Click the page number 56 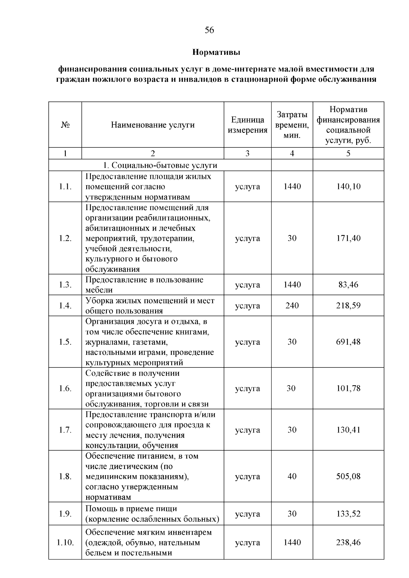(x=209, y=30)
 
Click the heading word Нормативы (x=216, y=52)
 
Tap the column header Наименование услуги (x=153, y=125)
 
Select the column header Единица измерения (x=247, y=125)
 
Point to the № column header (x=65, y=125)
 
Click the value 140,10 (x=348, y=186)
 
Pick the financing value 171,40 (x=348, y=238)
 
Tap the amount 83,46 (x=348, y=284)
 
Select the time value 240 (x=292, y=306)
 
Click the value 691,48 (x=348, y=342)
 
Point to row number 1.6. (x=65, y=388)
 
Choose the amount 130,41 (x=348, y=430)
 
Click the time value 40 (x=292, y=476)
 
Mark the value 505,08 (x=348, y=476)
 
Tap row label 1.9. (x=65, y=514)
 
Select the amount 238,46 (x=348, y=542)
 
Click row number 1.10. (x=65, y=542)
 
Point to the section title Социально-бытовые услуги (x=160, y=165)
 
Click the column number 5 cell (x=348, y=153)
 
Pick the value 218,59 (x=348, y=306)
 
